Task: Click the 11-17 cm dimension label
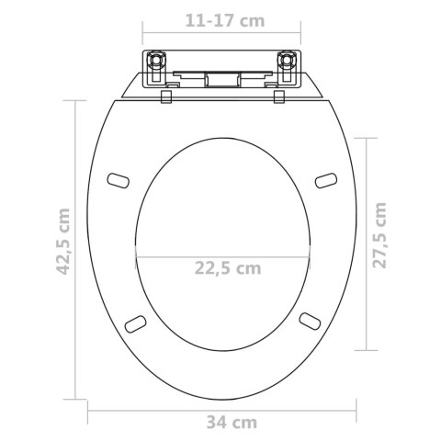coord(225,21)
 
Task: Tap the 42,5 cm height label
coord(63,242)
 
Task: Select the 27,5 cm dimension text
coord(379,235)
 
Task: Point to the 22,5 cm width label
coord(228,268)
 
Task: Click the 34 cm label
coord(232,423)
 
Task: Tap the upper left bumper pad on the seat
coord(119,181)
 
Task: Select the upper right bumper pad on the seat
coord(326,180)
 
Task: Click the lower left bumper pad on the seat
coord(135,323)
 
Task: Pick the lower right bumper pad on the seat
coord(310,321)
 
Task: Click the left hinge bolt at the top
coord(157,59)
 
